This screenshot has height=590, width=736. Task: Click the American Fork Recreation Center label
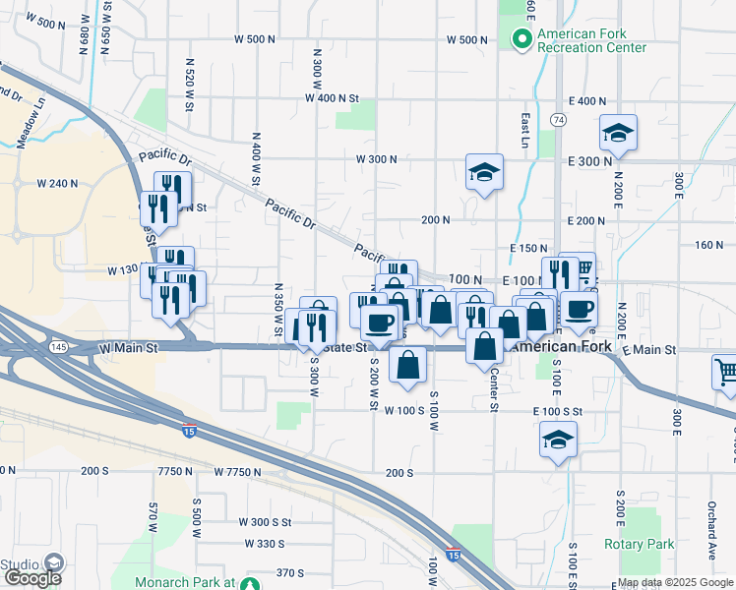coord(591,39)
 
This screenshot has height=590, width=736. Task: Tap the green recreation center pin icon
coord(521,38)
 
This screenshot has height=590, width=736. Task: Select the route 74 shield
coord(559,119)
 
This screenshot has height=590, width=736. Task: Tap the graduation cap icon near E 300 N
coord(619,133)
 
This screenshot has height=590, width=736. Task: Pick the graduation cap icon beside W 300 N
coord(484,172)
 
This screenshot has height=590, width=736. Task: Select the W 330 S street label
coord(263,544)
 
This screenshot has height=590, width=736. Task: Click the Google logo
coord(31,578)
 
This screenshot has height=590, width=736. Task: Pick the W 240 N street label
coord(57,183)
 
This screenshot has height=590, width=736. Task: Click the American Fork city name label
coord(562,347)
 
